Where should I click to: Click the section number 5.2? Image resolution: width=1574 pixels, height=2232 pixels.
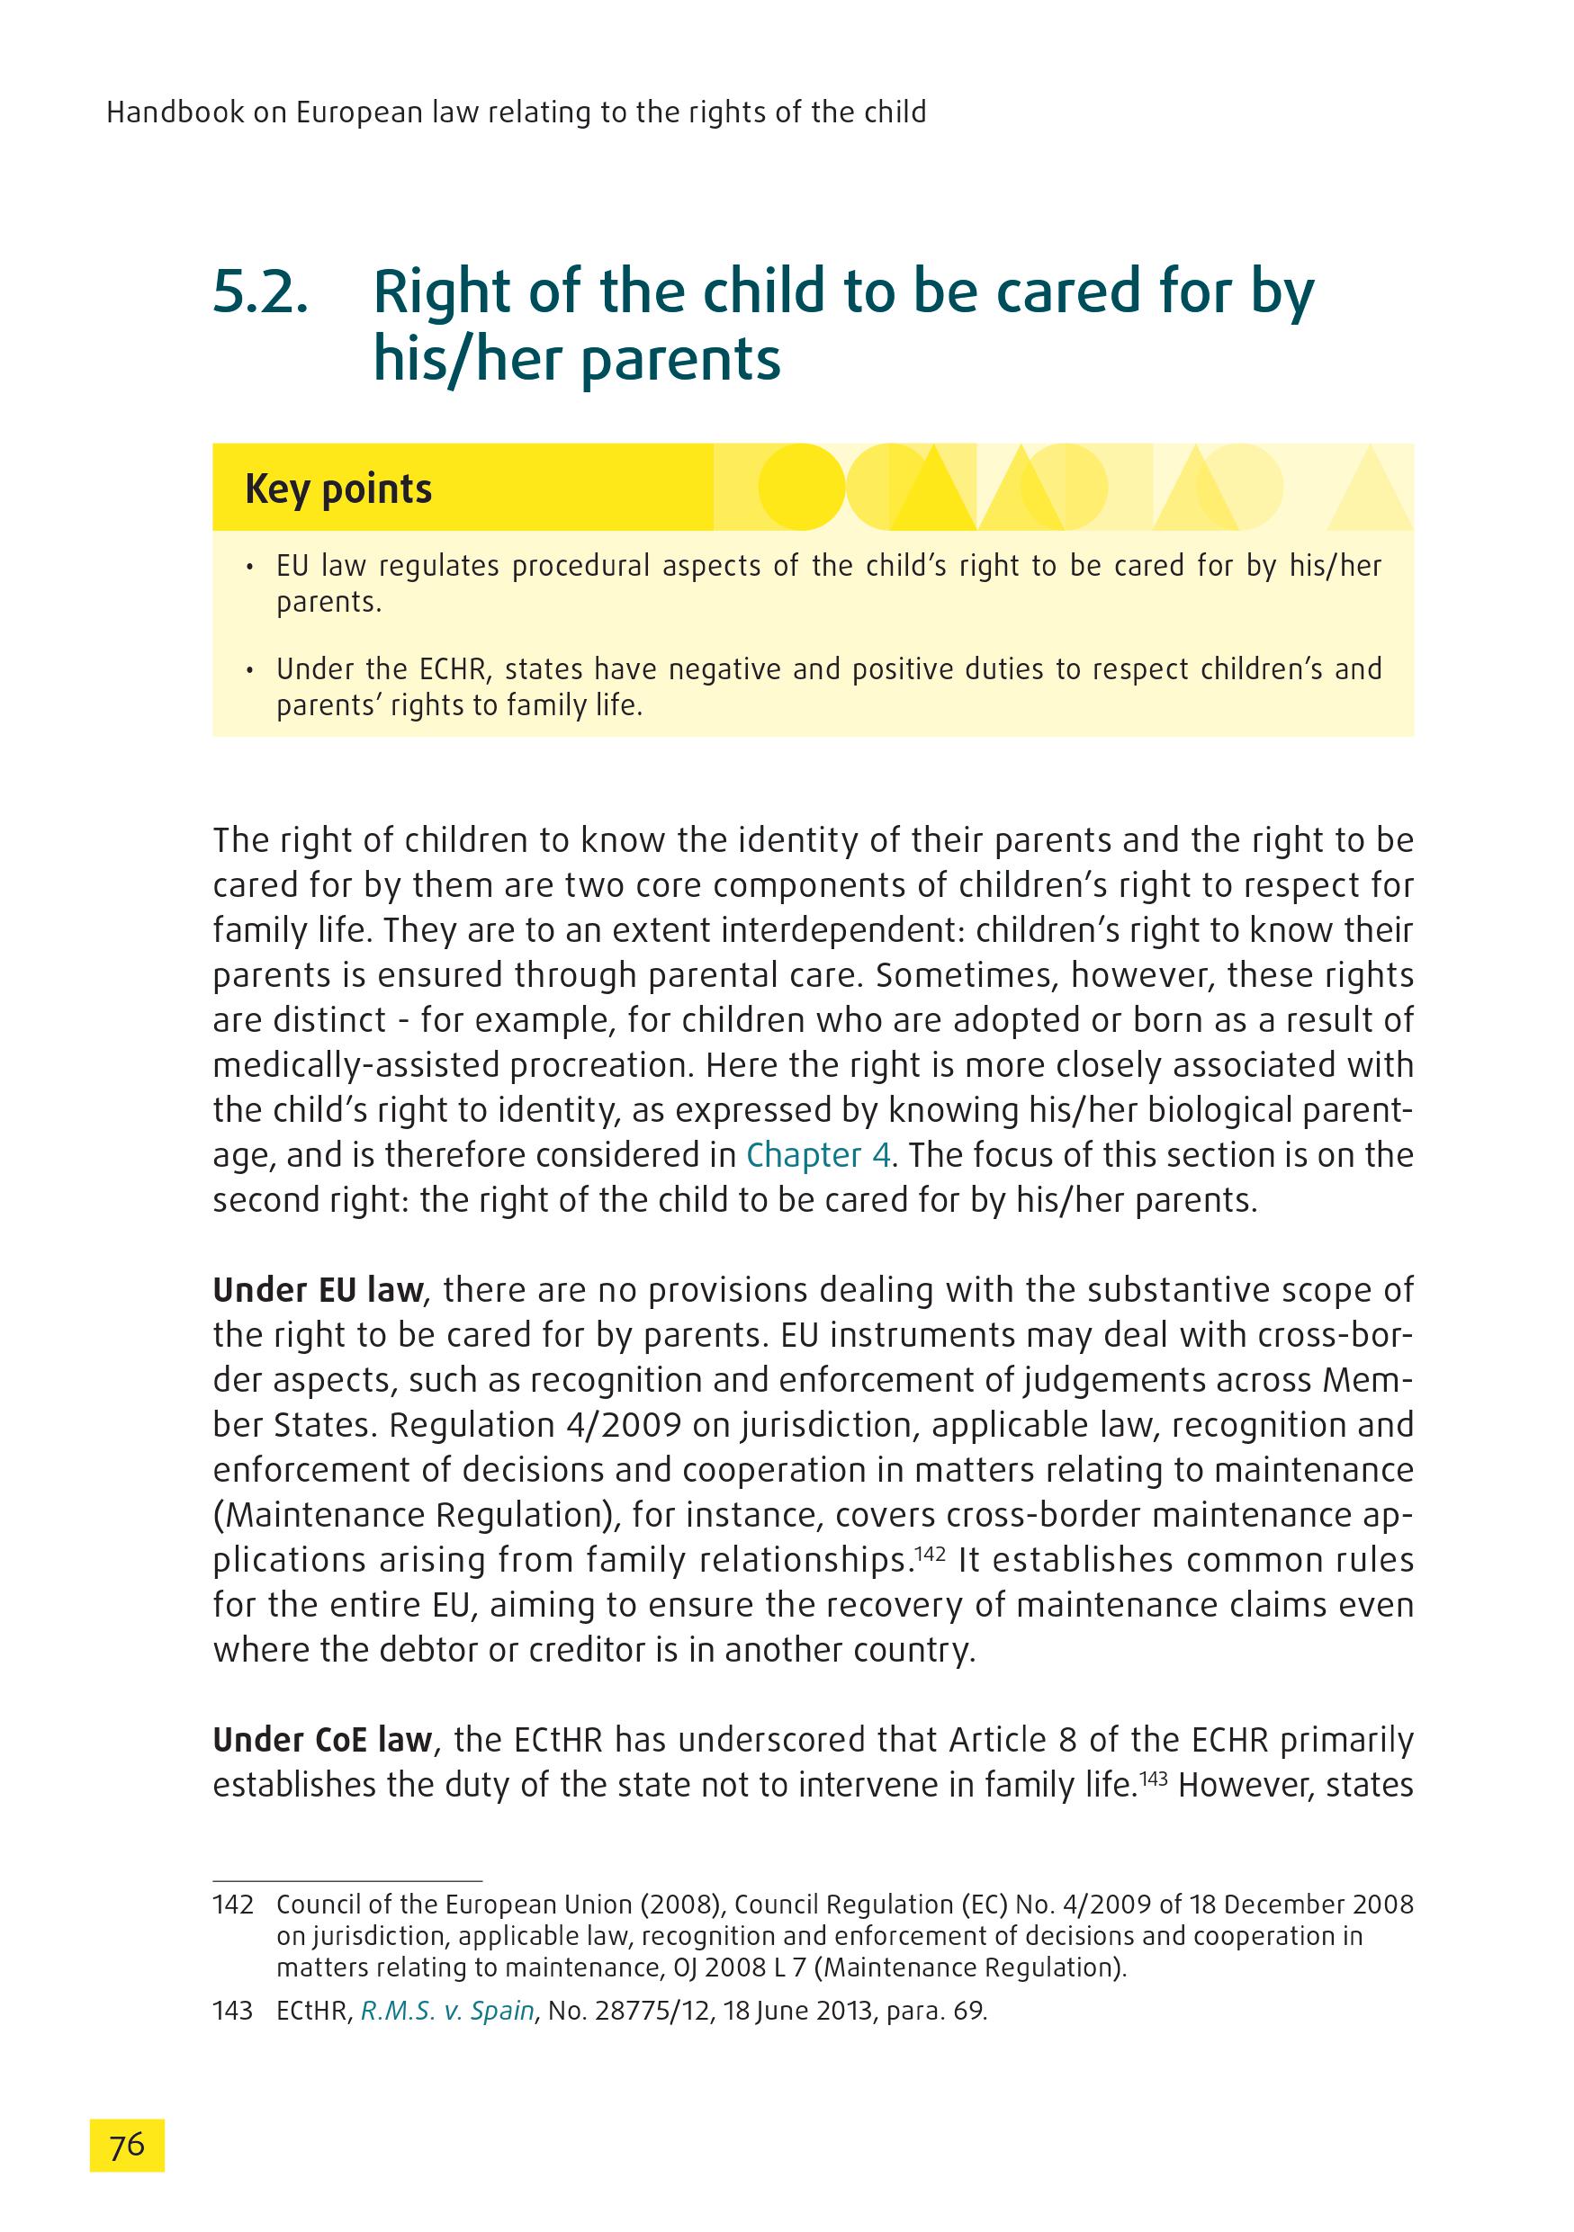coord(261,291)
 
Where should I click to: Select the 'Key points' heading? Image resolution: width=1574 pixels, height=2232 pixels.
coord(338,488)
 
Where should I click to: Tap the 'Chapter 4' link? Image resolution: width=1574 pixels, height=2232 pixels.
coord(819,1155)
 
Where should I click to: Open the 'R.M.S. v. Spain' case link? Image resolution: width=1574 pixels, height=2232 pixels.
coord(447,2011)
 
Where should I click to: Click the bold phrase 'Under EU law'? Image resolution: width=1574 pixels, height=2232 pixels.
coord(318,1290)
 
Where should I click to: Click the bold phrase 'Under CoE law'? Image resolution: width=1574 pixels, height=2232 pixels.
coord(322,1739)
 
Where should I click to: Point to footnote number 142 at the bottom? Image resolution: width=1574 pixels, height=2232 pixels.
coord(232,1905)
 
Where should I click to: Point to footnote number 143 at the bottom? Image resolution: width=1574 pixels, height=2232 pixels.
coord(232,2011)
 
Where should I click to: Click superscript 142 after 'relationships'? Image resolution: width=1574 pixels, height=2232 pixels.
coord(931,1553)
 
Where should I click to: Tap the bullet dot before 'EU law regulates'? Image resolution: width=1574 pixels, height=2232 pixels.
coord(251,567)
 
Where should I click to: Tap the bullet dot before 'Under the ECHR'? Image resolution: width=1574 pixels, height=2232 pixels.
coord(251,670)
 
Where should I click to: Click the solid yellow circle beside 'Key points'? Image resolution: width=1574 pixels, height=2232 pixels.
coord(801,486)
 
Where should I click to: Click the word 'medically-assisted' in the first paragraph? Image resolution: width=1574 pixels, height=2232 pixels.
coord(355,1065)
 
